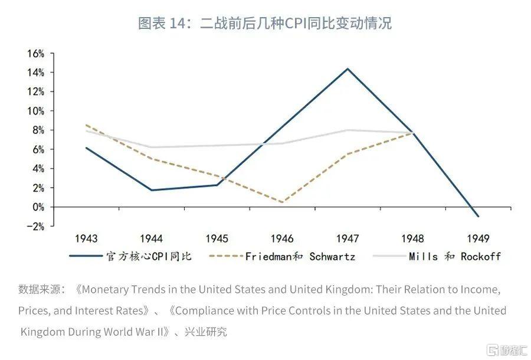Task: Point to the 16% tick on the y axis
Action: coord(36,54)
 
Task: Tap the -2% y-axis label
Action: coord(36,226)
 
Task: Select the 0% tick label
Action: coord(38,207)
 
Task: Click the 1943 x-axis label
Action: coord(86,239)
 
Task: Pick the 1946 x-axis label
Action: coord(282,239)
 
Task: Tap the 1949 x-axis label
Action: coord(477,239)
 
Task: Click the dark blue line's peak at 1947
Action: coord(348,69)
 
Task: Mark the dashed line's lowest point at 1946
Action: coord(282,202)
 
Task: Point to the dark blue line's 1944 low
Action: coord(152,190)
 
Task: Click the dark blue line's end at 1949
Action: coord(477,216)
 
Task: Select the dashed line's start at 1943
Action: coord(86,125)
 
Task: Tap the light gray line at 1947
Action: coord(348,130)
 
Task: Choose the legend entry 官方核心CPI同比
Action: coord(149,256)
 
